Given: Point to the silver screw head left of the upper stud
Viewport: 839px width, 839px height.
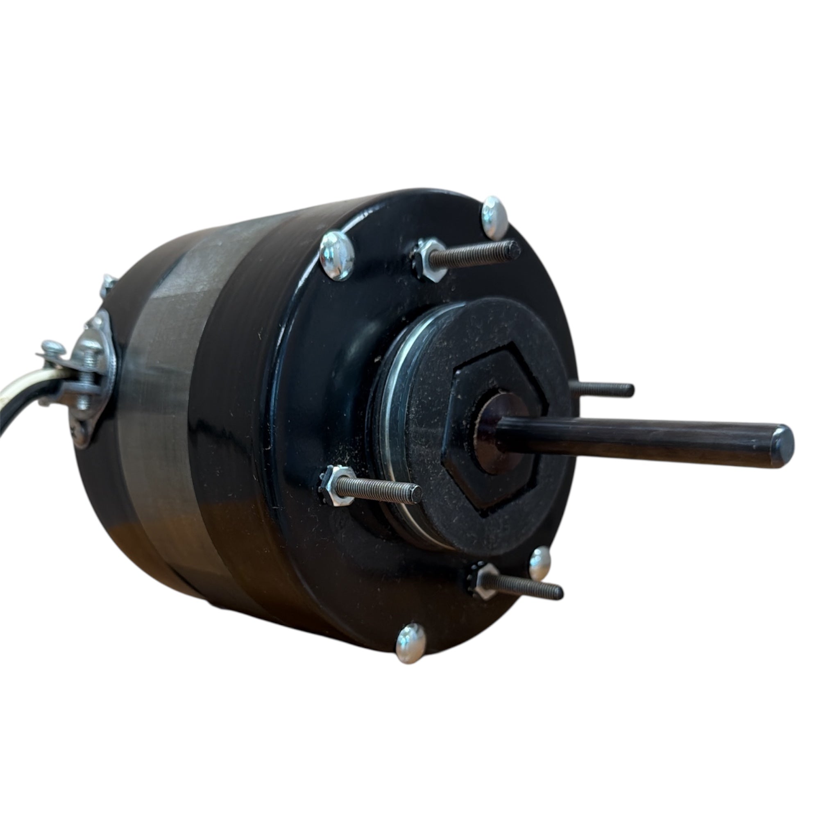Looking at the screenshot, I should tap(337, 255).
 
